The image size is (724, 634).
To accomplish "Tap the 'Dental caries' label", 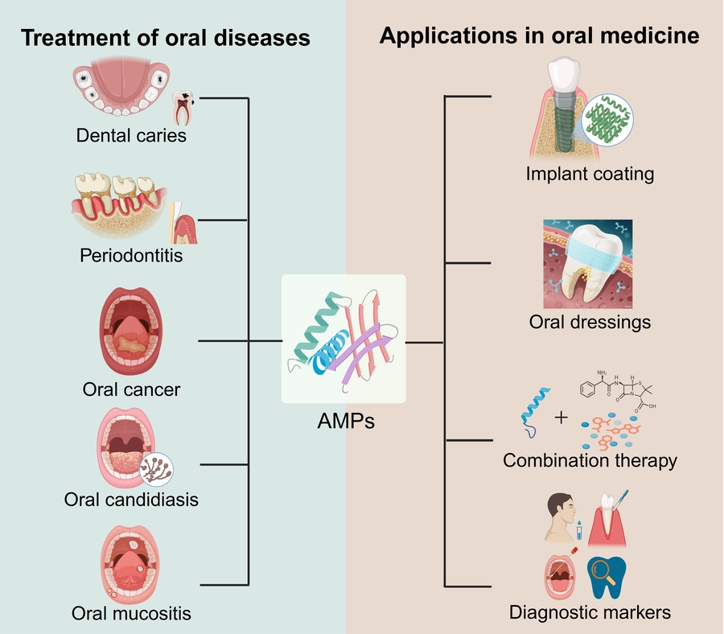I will click(131, 135).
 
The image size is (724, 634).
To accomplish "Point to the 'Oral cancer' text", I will click(131, 390).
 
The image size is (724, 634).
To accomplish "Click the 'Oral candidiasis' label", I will click(131, 500).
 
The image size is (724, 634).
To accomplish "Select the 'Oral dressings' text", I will click(590, 323).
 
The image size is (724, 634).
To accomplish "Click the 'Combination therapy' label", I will click(590, 461).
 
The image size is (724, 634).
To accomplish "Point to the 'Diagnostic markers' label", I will click(590, 612).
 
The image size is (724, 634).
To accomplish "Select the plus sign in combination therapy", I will click(561, 418).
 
